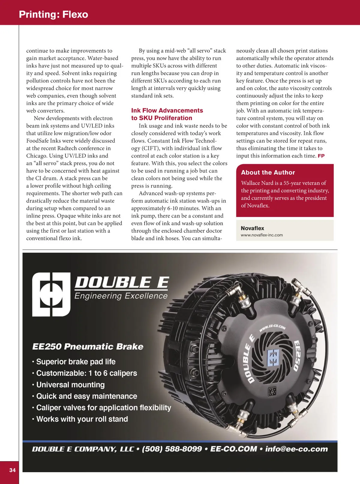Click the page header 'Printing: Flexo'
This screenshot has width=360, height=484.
53,14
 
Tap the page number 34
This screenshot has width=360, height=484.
12,470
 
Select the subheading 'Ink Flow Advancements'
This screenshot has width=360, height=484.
167,110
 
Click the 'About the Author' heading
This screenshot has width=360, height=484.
268,173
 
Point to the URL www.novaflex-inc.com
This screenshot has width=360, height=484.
262,235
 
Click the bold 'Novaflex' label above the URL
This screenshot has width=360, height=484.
252,228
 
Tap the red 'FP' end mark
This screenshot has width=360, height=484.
321,156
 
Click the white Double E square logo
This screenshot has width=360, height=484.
51,294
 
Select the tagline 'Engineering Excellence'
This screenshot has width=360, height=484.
121,296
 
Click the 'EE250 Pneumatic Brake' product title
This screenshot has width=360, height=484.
88,347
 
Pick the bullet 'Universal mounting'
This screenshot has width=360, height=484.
70,385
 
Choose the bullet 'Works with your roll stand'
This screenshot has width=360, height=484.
82,419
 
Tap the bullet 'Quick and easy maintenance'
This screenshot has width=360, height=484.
86,396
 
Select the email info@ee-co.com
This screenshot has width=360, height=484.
296,449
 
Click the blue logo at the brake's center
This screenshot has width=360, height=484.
273,357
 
